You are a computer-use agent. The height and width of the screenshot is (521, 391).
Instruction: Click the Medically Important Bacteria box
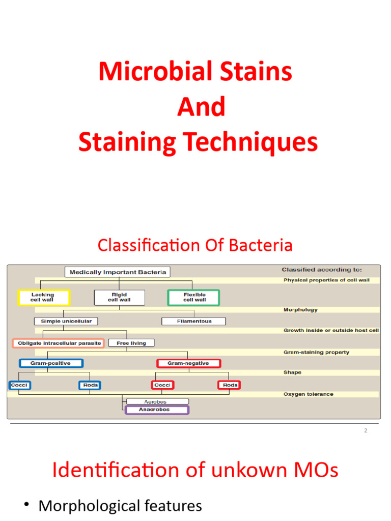(x=118, y=272)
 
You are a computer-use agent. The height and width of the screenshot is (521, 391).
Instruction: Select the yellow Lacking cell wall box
(x=43, y=298)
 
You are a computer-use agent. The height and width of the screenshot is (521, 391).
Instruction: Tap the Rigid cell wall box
(x=119, y=298)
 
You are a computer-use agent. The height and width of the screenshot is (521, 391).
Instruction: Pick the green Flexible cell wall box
(x=193, y=298)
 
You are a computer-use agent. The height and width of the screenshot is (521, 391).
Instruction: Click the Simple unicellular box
(x=66, y=322)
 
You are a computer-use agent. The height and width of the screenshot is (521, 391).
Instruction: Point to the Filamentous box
(x=193, y=322)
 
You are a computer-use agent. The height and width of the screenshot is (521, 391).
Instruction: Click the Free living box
(x=131, y=343)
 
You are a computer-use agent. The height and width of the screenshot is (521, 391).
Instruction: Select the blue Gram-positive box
(x=51, y=363)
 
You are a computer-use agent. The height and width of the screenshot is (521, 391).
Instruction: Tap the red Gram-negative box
(x=188, y=363)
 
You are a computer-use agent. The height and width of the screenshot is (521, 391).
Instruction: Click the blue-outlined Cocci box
(x=19, y=385)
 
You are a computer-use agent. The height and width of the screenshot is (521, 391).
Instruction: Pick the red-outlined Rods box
(x=230, y=385)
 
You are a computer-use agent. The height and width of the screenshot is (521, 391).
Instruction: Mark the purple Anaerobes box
(x=157, y=410)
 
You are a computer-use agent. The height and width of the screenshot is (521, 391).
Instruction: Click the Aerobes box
(x=157, y=401)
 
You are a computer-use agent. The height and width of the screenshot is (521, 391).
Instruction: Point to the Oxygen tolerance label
(x=309, y=394)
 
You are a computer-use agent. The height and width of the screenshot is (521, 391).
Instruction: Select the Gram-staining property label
(x=316, y=352)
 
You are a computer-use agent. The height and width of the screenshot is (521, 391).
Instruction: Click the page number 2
(x=366, y=431)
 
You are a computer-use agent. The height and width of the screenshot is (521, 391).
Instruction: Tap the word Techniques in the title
(x=258, y=143)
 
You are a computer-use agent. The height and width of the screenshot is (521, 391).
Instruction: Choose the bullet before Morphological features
(x=26, y=505)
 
